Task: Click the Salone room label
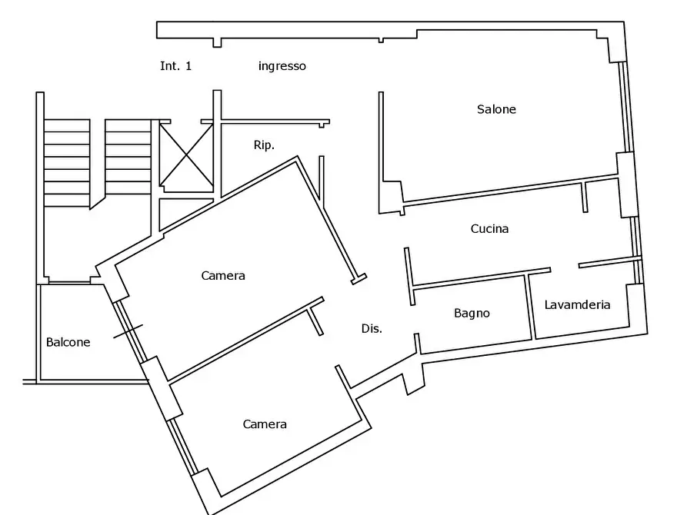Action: coord(496,109)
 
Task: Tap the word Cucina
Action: coord(489,228)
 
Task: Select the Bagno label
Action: coord(472,313)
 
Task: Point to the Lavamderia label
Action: coord(577,304)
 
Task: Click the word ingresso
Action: coord(282,66)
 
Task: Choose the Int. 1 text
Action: coord(175,65)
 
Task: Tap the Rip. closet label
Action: coord(264,145)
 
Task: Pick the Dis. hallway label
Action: coord(372,328)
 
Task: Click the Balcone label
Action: coord(68,342)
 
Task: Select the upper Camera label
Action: coord(222,275)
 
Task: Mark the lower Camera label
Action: coord(265,424)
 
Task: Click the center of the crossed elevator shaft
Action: coord(186,155)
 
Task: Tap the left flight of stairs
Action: coord(67,163)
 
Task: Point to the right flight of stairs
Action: coord(128,157)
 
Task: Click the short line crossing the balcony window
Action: coord(128,331)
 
